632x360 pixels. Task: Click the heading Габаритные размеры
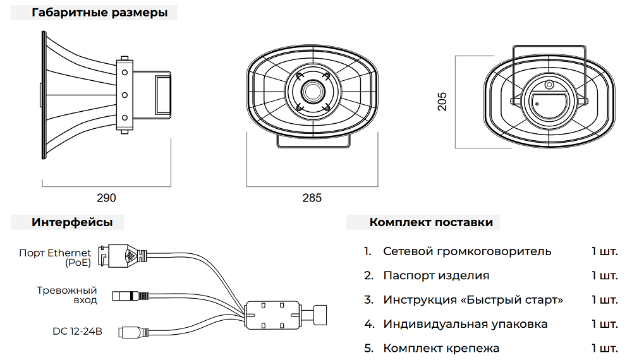pos(100,13)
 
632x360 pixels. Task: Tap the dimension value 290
pos(106,198)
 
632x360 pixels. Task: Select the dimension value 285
pos(312,198)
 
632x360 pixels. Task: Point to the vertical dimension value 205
pos(442,101)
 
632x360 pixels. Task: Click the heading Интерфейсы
pos(73,222)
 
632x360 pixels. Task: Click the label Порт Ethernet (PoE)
pos(55,258)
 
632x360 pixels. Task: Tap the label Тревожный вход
pos(66,295)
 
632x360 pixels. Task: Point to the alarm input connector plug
pos(130,296)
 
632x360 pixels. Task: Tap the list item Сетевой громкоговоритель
pos(467,251)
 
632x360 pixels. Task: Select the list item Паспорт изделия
pos(436,275)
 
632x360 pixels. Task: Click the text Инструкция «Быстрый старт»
pos(473,299)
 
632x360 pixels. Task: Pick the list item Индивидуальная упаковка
pos(465,324)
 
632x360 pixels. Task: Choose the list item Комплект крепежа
pos(441,348)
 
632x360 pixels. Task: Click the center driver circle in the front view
pos(312,90)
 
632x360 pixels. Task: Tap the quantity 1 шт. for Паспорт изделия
pos(605,275)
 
